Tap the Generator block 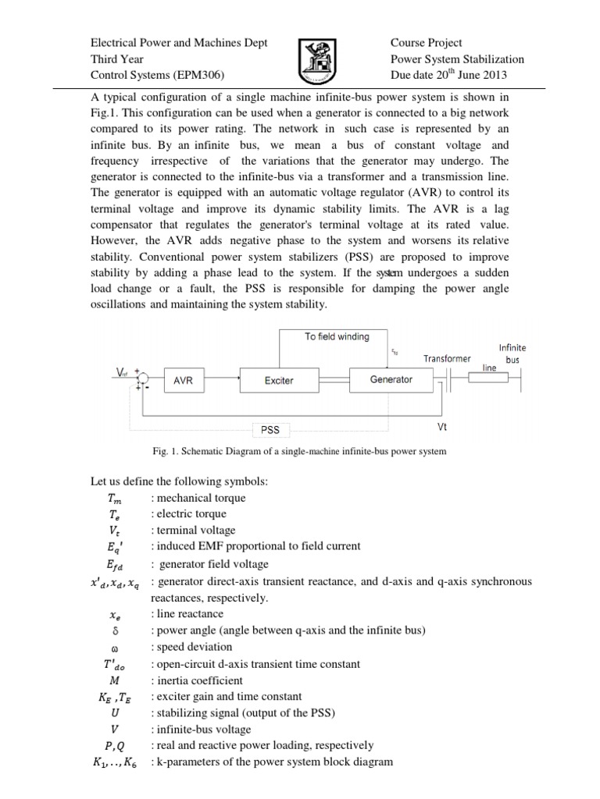click(x=391, y=380)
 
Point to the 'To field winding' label click(x=336, y=336)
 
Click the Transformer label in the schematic click(x=447, y=359)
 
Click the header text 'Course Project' click(x=426, y=43)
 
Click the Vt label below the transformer click(x=442, y=428)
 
